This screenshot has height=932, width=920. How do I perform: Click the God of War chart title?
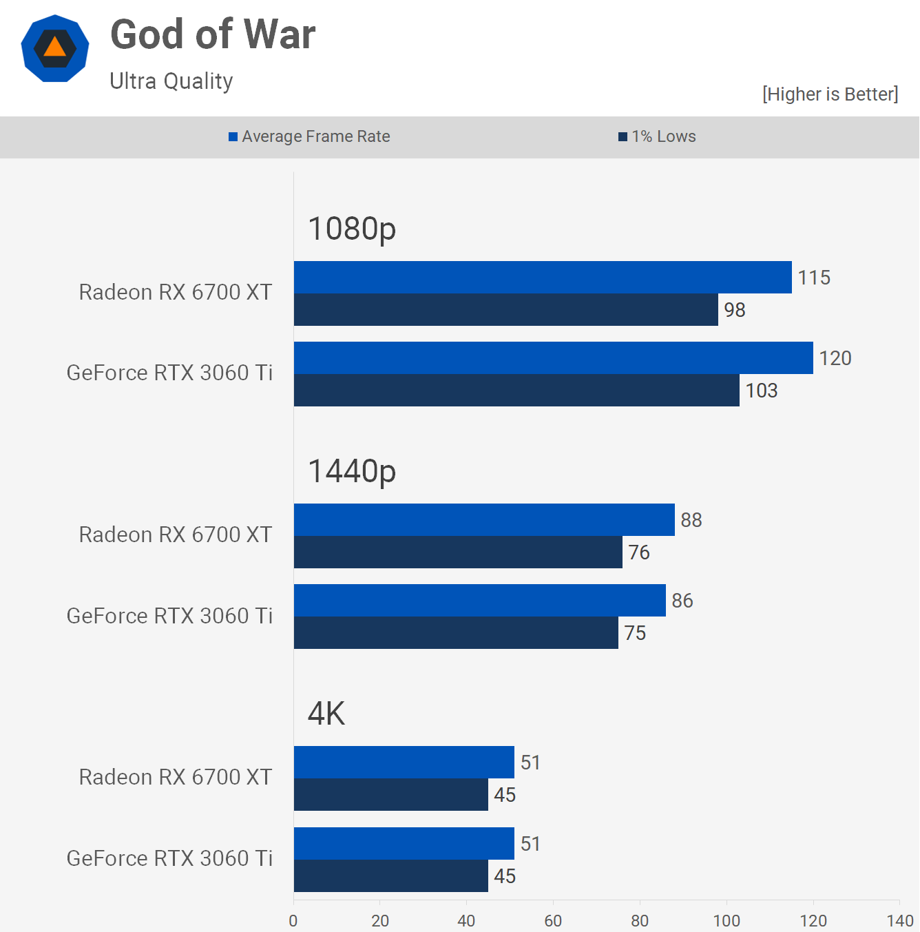213,34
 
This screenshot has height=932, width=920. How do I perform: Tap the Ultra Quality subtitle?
171,81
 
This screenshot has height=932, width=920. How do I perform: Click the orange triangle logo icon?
55,48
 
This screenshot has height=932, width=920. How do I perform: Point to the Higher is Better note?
830,94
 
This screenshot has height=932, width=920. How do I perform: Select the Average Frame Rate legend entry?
309,136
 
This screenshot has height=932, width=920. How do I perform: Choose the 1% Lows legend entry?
657,136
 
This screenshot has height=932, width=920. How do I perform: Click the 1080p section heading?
352,229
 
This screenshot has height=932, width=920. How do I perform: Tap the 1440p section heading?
352,471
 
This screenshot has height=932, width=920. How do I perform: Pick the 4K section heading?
326,714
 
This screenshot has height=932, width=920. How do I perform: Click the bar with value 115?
543,278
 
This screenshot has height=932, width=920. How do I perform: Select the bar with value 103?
516,391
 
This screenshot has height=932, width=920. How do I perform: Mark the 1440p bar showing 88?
484,520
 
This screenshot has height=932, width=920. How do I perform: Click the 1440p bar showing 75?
456,633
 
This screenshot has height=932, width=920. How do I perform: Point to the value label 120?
835,358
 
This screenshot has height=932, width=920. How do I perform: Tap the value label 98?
735,310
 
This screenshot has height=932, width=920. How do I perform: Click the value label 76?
639,552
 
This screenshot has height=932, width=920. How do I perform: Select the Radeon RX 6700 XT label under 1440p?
176,535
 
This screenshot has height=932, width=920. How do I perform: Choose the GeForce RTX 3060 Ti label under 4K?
169,858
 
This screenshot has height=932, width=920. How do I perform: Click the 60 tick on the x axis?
553,921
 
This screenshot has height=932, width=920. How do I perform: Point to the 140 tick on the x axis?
900,921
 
